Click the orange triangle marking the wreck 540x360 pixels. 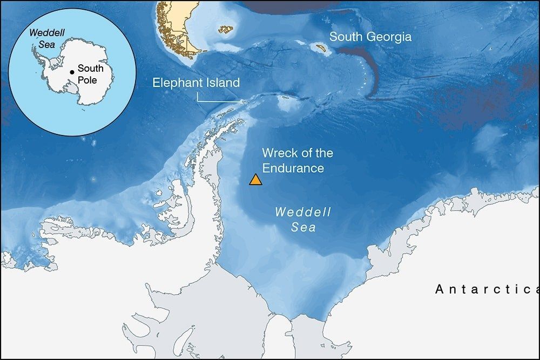255,180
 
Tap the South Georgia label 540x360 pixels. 370,37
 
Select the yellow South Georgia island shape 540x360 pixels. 322,47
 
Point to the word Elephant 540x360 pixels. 175,83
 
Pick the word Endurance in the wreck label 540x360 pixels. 293,168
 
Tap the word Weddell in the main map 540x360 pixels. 303,212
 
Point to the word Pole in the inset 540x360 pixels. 87,80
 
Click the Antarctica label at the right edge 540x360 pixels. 486,290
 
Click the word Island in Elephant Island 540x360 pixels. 220,83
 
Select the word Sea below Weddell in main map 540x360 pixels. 303,228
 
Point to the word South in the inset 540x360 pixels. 90,69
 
